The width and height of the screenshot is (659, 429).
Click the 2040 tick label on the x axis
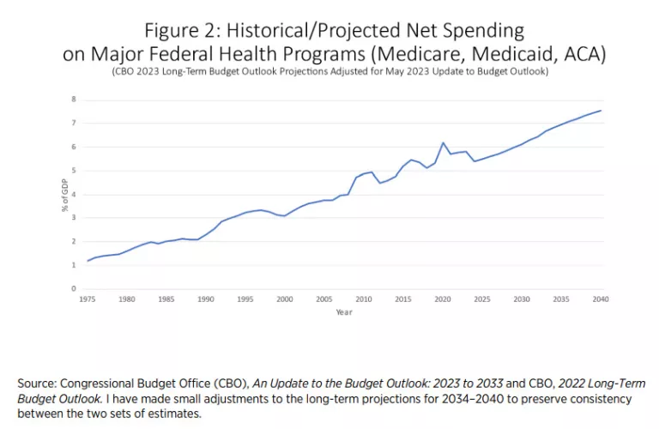tap(601, 299)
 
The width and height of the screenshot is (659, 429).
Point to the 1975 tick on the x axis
tap(88, 299)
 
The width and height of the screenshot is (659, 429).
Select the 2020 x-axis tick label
tap(443, 299)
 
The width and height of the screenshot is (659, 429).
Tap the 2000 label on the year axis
tap(285, 299)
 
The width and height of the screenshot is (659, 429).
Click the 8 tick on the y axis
tap(74, 100)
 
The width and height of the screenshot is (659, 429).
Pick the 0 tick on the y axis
tap(74, 289)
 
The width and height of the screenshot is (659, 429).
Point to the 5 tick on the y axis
tap(74, 171)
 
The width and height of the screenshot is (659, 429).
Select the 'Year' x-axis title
tap(344, 312)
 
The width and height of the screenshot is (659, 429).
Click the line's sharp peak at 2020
tap(443, 143)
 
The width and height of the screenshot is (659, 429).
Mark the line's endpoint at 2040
tap(601, 110)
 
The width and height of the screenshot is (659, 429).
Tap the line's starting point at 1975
tap(88, 261)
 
